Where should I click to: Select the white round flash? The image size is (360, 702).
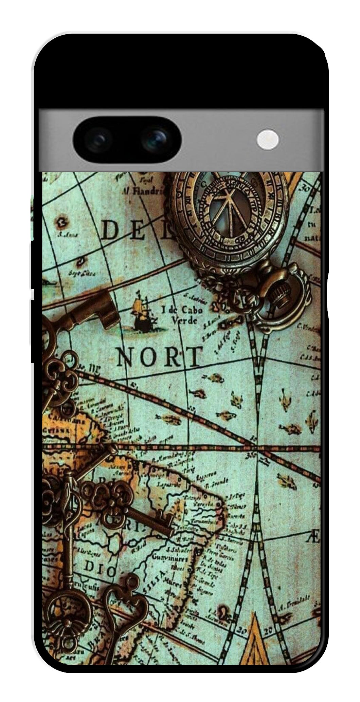pos(268,140)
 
